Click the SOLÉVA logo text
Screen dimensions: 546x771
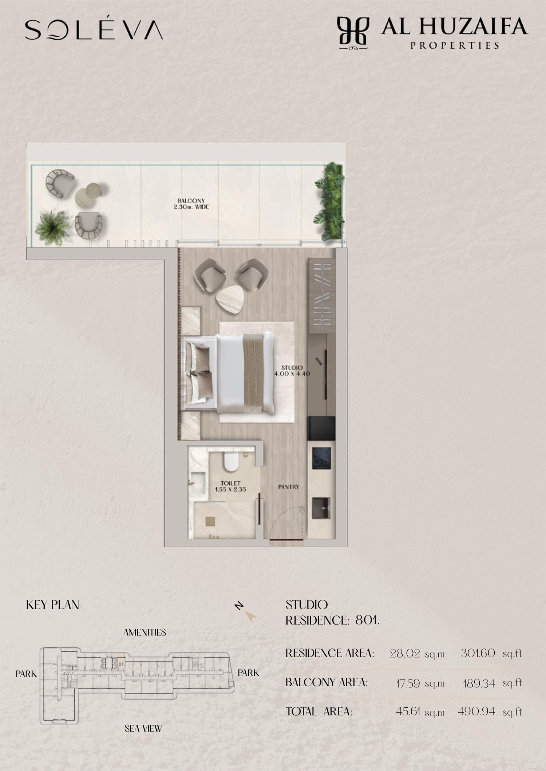pyautogui.click(x=94, y=29)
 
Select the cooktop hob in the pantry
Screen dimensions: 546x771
pyautogui.click(x=321, y=458)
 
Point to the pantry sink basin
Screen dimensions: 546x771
pyautogui.click(x=321, y=508)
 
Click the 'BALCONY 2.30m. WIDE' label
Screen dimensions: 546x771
pyautogui.click(x=191, y=204)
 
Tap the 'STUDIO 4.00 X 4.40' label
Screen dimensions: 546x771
pyautogui.click(x=292, y=370)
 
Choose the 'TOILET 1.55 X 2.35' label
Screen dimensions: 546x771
pyautogui.click(x=230, y=486)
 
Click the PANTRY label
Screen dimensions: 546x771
pyautogui.click(x=289, y=487)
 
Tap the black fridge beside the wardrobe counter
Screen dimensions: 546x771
pyautogui.click(x=321, y=428)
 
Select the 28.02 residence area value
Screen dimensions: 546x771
pyautogui.click(x=405, y=654)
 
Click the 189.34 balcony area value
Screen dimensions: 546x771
pyautogui.click(x=479, y=684)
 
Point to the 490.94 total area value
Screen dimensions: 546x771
pyautogui.click(x=476, y=711)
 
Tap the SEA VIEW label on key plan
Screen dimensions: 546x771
pyautogui.click(x=143, y=728)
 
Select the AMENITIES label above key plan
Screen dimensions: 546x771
pyautogui.click(x=145, y=633)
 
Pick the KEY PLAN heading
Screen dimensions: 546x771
pyautogui.click(x=52, y=605)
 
